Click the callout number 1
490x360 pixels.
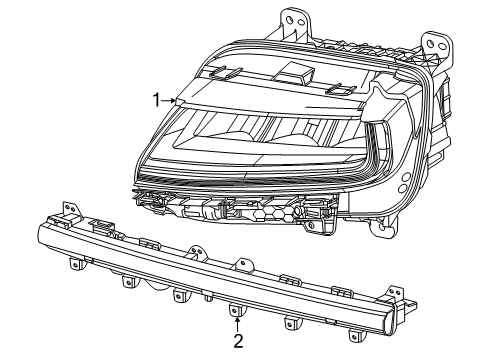pyautogui.click(x=156, y=98)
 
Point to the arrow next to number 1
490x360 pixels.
pyautogui.click(x=172, y=99)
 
